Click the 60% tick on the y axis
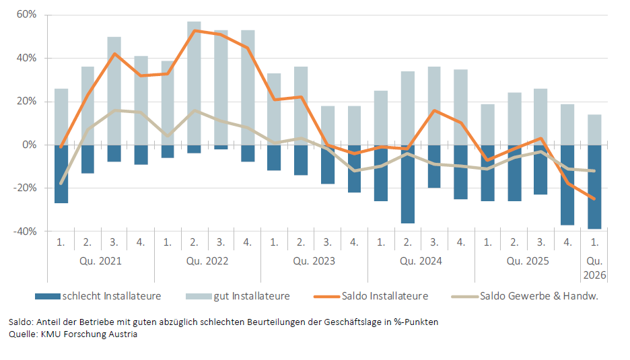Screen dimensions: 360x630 [x=27, y=15]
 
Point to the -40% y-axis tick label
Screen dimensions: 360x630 [x=25, y=231]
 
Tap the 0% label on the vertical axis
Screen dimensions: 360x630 [x=30, y=145]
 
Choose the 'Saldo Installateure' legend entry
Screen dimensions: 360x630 [x=384, y=296]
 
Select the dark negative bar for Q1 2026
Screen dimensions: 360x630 [x=594, y=187]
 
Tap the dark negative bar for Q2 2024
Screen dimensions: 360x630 [x=408, y=184]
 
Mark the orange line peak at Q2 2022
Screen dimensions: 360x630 [x=195, y=30]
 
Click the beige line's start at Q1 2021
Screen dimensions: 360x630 [x=61, y=183]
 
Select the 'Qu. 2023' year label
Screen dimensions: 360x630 [x=314, y=260]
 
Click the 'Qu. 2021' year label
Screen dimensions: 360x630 [x=101, y=260]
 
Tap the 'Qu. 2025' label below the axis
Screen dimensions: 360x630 [x=528, y=260]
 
